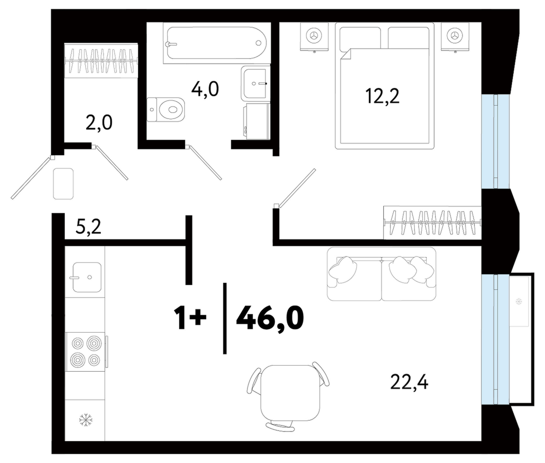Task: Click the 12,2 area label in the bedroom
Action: click(382, 97)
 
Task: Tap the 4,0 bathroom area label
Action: click(205, 89)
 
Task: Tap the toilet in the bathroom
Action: click(166, 109)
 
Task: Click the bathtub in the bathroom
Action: click(217, 43)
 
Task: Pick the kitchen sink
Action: click(87, 277)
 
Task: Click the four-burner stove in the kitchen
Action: click(87, 351)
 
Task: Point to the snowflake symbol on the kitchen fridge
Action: click(86, 420)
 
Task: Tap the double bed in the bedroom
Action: click(385, 86)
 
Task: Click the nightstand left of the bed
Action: click(314, 36)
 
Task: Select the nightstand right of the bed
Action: click(455, 36)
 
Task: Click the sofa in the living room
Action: click(382, 274)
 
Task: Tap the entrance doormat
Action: click(63, 184)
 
